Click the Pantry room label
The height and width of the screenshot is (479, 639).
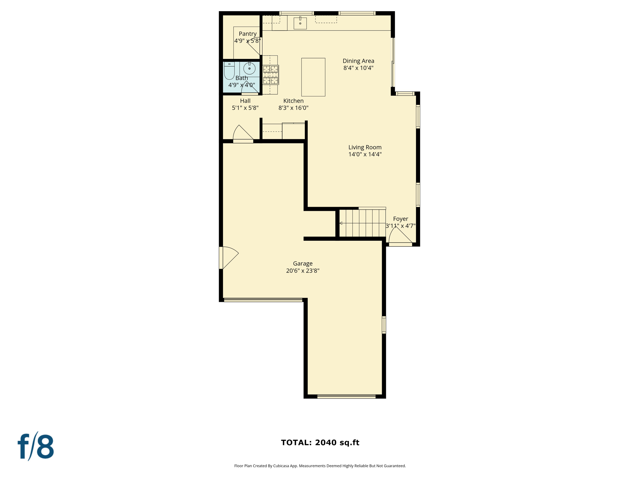247,34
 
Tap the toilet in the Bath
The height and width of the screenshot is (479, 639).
229,71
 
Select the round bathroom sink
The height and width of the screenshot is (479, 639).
249,68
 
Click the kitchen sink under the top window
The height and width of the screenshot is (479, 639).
300,23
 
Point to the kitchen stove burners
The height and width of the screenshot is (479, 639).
270,75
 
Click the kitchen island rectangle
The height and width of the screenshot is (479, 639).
313,77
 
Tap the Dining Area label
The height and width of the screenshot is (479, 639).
358,61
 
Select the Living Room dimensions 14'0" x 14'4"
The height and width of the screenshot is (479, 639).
365,154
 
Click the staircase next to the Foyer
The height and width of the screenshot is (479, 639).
363,223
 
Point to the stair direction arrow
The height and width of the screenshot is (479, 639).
341,223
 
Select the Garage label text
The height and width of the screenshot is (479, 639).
303,264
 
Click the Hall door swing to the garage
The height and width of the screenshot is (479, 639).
242,134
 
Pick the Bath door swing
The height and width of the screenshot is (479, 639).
250,88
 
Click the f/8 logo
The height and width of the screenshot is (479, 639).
36,446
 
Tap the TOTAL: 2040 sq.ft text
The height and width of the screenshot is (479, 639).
320,443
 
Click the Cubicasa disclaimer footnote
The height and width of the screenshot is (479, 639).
320,466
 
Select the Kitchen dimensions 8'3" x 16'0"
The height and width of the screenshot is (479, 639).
293,108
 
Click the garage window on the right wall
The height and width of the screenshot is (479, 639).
384,325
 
